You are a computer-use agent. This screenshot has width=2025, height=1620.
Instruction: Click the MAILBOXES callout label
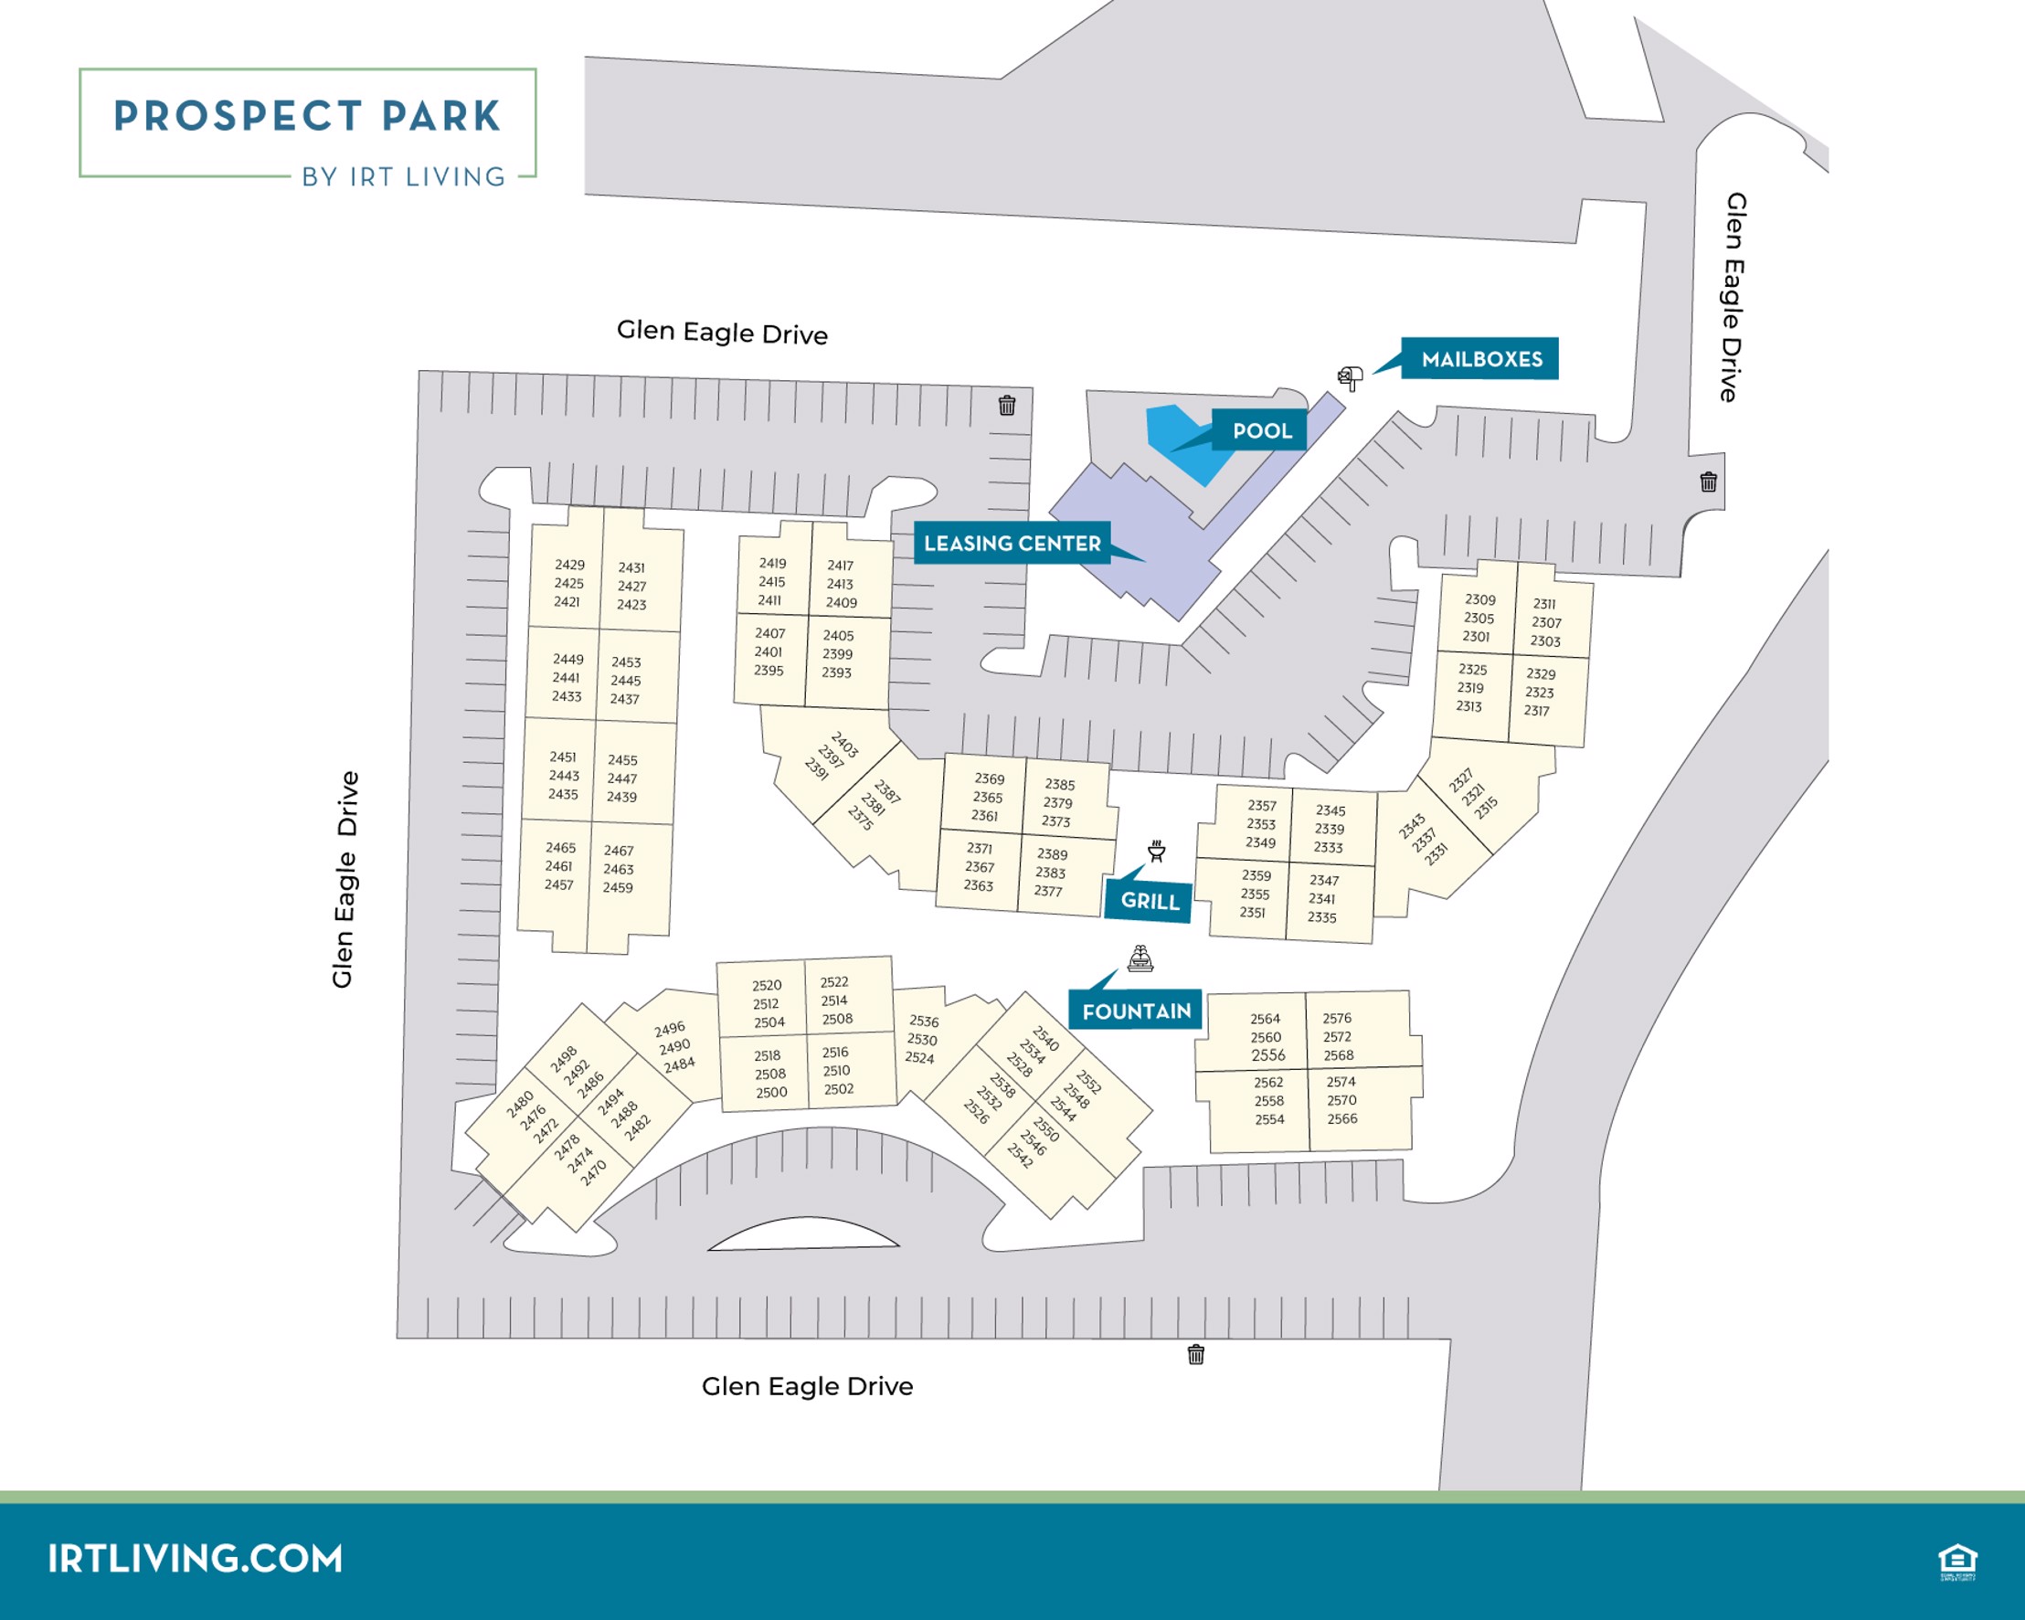tap(1480, 359)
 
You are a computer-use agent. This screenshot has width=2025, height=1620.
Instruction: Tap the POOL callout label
tap(1260, 431)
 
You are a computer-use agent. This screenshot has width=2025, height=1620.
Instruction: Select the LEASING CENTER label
tap(1012, 543)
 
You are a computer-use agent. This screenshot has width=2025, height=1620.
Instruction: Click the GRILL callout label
tap(1149, 901)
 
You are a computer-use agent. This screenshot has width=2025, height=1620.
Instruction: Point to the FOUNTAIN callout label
tap(1136, 1011)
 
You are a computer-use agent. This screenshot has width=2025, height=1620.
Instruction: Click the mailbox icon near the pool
tap(1350, 378)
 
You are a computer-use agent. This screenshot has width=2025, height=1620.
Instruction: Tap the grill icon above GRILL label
tap(1156, 851)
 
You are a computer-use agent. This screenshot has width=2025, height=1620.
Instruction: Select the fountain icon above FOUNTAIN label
tap(1140, 958)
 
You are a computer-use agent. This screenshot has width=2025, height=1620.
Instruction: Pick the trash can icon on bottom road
tap(1195, 1354)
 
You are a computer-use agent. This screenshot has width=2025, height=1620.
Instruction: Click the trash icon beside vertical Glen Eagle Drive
tap(1709, 482)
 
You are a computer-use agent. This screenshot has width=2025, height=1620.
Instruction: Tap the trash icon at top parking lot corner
tap(1007, 405)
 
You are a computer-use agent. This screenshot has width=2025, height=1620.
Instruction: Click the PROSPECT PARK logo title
tap(307, 116)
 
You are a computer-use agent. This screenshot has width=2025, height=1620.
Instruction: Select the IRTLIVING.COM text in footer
tap(196, 1558)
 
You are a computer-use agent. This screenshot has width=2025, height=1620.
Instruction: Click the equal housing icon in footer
tap(1957, 1562)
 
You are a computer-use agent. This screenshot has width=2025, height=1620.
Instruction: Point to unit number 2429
tap(569, 565)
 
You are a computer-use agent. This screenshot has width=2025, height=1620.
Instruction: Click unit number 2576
tap(1337, 1018)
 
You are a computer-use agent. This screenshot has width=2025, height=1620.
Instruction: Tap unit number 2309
tap(1479, 599)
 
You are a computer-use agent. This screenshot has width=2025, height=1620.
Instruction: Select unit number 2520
tap(767, 985)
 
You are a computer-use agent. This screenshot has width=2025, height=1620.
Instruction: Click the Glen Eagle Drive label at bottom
tap(807, 1386)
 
